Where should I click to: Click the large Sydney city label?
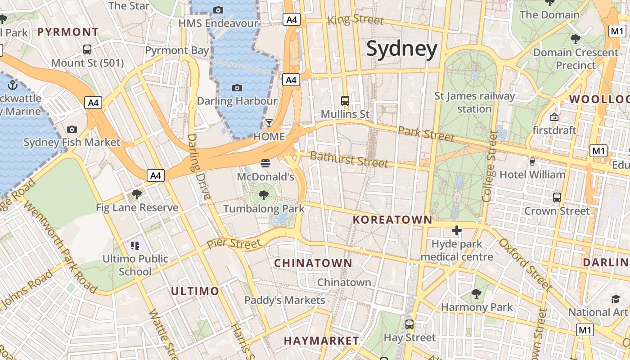coord(401,49)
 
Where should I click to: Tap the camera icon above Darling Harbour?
coord(237,88)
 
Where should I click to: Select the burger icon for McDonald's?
coord(265,163)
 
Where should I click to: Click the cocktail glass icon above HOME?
coord(269,123)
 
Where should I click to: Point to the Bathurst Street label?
coord(349,159)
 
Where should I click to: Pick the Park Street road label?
coord(426,134)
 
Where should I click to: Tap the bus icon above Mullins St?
coord(345,100)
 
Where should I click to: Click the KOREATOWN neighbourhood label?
coord(392,220)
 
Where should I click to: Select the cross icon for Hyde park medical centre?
coord(457,231)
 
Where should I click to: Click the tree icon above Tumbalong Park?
coord(264,195)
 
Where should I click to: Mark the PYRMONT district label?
coord(68,32)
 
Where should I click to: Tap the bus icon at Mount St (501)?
coord(87,49)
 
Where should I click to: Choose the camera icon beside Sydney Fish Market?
coord(72,130)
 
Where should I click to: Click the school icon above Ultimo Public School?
coord(135,245)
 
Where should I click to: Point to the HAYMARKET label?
coord(321,341)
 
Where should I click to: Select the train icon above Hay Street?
coord(409,324)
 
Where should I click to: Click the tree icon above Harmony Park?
coord(477,294)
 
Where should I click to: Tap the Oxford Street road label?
coord(525,264)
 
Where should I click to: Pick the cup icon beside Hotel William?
coord(532,161)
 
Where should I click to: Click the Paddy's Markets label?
coord(284,300)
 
